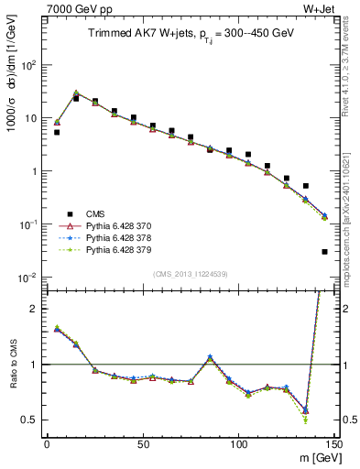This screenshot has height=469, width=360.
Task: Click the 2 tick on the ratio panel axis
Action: pos(35,309)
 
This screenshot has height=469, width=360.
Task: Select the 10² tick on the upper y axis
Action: pos(28,65)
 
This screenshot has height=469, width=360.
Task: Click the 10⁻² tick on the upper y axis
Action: pos(28,277)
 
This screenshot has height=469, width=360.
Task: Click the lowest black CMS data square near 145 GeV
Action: pos(325,251)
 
